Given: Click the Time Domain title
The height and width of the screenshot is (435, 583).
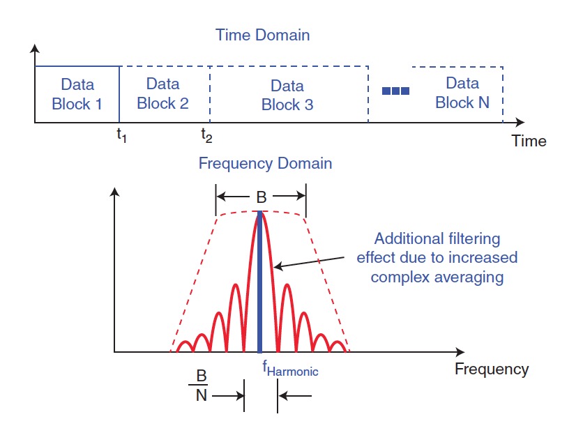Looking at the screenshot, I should tap(262, 34).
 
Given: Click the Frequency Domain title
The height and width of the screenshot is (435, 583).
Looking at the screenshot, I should tap(265, 165).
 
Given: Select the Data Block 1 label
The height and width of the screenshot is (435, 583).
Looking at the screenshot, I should tap(77, 94).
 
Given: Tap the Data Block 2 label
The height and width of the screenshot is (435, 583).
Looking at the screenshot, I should tap(162, 93).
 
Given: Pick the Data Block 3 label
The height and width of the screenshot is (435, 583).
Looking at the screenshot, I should tap(287, 96).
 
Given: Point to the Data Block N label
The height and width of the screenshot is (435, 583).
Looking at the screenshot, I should tap(462, 93).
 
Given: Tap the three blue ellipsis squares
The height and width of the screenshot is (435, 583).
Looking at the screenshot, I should tap(395, 91).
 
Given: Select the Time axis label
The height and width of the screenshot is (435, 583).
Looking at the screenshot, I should tap(529, 141).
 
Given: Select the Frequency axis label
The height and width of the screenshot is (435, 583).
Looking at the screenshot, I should tap(492, 369).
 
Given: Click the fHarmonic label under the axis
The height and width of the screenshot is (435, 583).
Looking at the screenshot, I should tap(290, 370).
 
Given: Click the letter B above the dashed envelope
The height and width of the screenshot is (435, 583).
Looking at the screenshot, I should tap(261, 198).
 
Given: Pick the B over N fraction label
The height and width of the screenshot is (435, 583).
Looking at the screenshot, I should tap(201, 386).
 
